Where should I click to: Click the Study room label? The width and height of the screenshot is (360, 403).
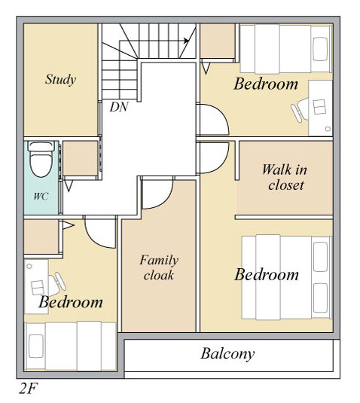coord(61,79)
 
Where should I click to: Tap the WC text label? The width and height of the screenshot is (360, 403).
coord(41,197)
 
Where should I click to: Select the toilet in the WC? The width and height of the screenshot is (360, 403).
coord(41,159)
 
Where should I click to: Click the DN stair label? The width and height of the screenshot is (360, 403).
coord(119,107)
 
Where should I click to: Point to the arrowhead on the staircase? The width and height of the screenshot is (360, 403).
coord(187,41)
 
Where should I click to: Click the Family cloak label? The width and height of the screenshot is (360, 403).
coord(159,267)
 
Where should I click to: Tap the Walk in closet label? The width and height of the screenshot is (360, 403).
coord(285,177)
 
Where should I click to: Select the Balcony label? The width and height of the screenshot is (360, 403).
coord(227,354)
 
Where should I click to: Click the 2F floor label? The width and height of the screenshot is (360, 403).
coord(28,389)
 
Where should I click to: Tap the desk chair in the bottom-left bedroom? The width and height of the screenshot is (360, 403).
coord(56,284)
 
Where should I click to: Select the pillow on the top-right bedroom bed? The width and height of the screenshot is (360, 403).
coord(320,49)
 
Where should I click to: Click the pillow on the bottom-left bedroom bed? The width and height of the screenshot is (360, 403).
coord(35,347)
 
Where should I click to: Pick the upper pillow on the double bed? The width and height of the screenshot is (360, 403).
coord(320,257)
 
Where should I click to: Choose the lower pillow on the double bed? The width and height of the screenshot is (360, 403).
coord(320,298)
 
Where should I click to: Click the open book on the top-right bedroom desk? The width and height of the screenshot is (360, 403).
coord(319,107)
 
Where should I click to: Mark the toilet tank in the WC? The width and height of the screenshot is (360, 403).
coord(41,145)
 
